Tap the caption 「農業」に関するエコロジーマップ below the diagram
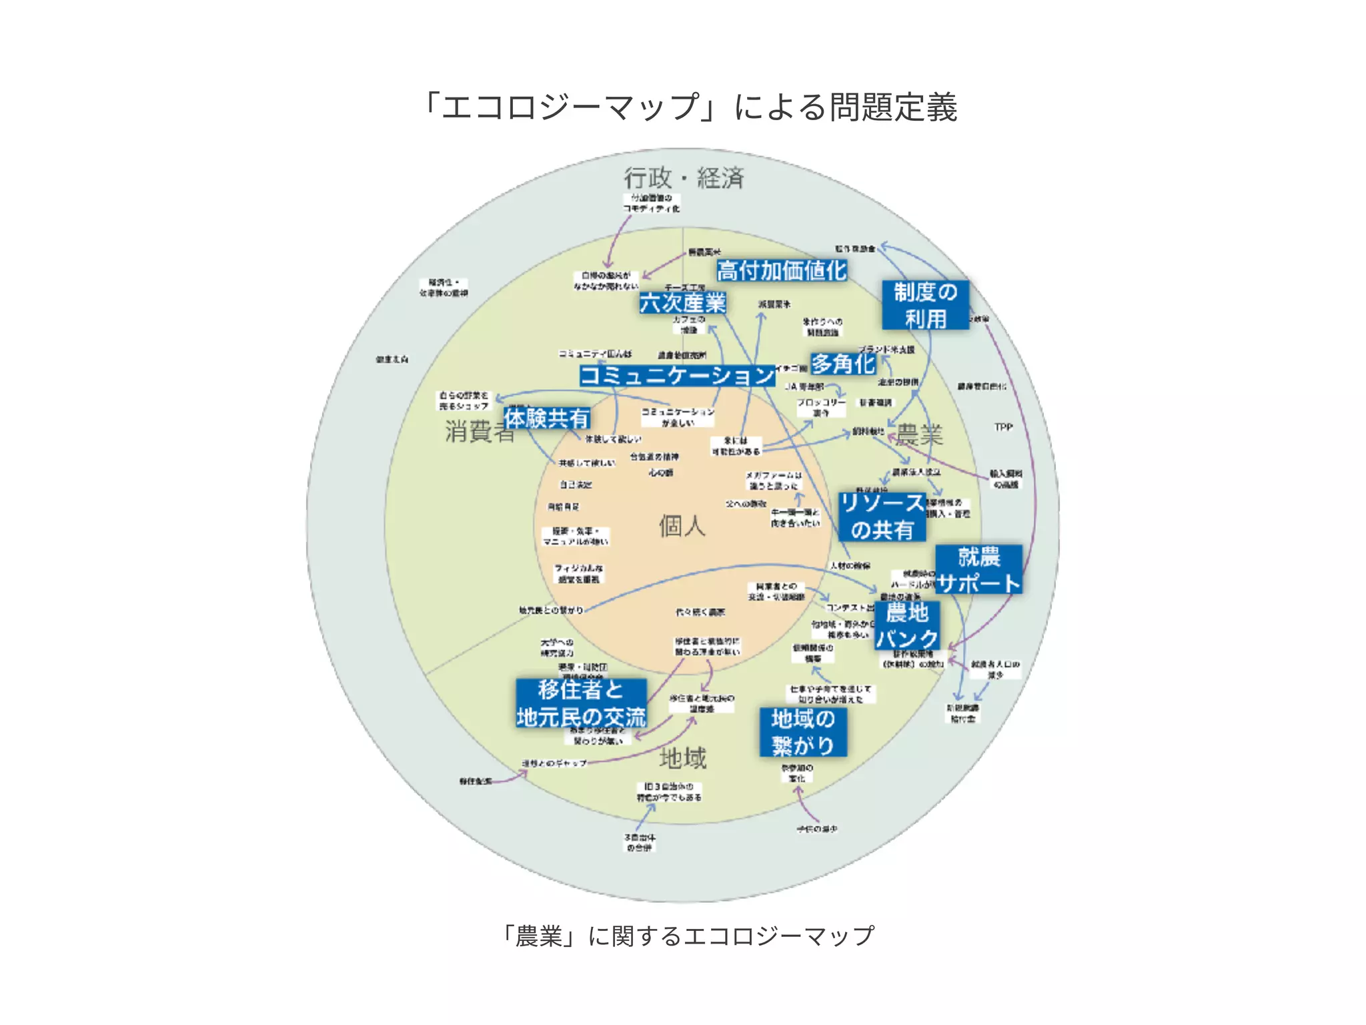[x=687, y=936]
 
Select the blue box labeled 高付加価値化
[x=782, y=271]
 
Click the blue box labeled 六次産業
[x=682, y=303]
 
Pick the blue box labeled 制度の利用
[x=925, y=305]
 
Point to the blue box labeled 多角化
[x=843, y=364]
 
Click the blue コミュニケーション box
[x=677, y=375]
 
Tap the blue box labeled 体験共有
[x=547, y=418]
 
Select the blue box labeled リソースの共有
[x=882, y=517]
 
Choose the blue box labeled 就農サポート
[x=978, y=570]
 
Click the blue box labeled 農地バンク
[x=907, y=625]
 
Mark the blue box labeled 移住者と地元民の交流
[x=581, y=703]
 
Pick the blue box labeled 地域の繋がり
[x=803, y=732]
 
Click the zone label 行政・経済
[x=684, y=178]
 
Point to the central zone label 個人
[x=682, y=526]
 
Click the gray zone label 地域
[x=682, y=758]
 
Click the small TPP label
[x=1003, y=427]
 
